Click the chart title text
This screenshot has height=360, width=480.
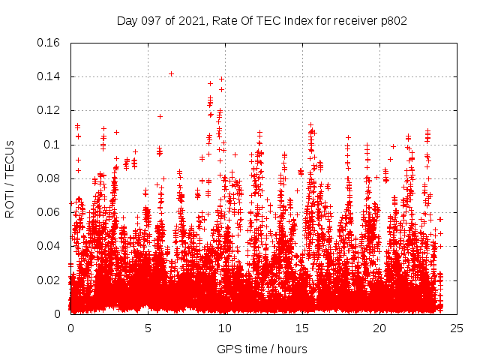pos(262,21)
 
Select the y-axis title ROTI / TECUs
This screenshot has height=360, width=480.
pos(10,178)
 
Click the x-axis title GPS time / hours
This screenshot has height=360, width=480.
pos(262,349)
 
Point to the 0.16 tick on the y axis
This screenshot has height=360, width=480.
pos(49,43)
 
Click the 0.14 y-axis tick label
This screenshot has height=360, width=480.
pos(49,76)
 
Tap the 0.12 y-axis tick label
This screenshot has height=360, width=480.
pos(49,110)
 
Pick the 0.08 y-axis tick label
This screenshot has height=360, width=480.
pos(49,178)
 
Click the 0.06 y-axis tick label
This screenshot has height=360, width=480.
pos(49,212)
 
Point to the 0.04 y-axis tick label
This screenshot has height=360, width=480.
pos(49,246)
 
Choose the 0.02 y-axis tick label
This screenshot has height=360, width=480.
pos(49,280)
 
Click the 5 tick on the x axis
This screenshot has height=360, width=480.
pos(148,328)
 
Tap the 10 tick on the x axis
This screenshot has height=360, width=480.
pos(225,328)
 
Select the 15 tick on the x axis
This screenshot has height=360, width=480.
pos(302,328)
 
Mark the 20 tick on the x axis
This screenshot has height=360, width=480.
pos(379,328)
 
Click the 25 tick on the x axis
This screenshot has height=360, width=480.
pos(457,328)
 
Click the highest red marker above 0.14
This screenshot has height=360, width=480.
pos(172,73)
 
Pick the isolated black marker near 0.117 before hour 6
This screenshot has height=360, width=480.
pos(160,116)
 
